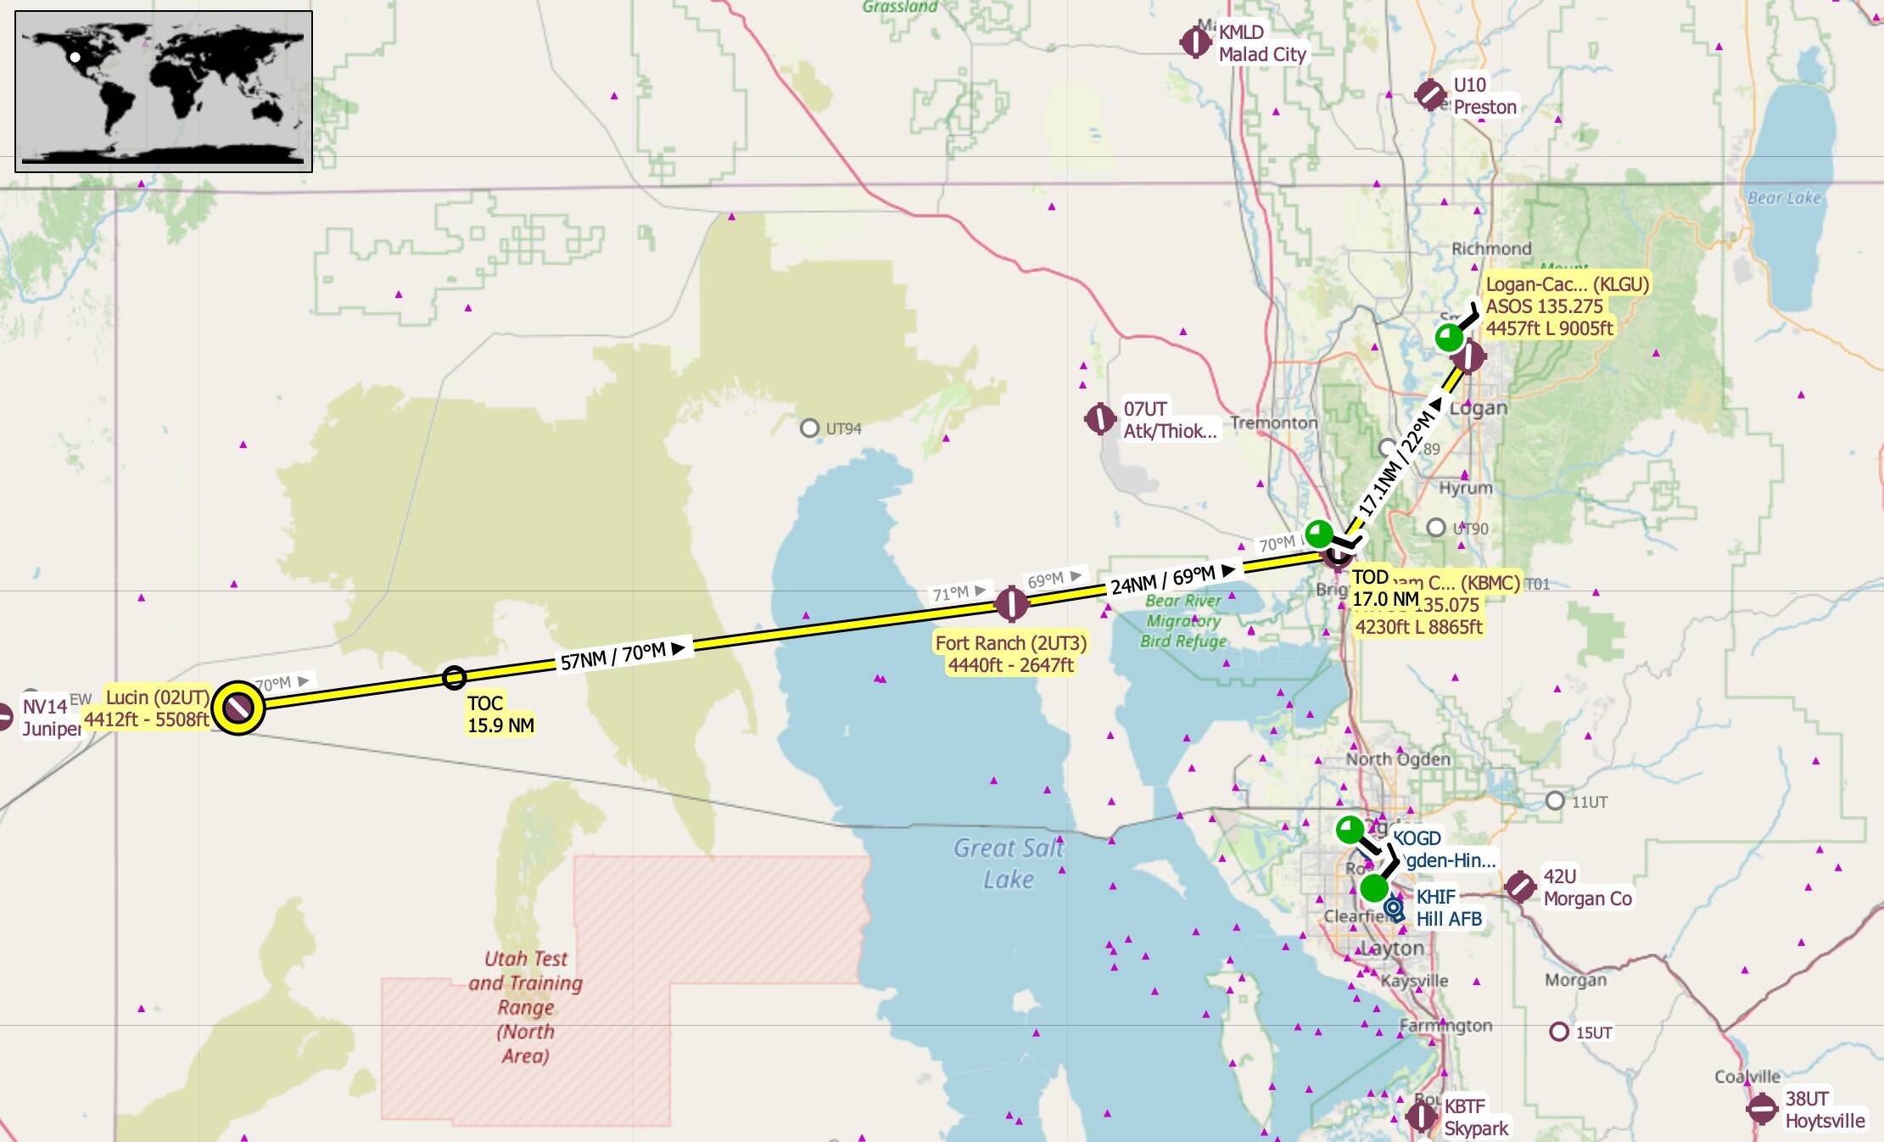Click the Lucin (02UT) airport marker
coord(238,706)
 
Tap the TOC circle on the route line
coord(454,677)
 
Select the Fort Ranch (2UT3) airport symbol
coord(1011,604)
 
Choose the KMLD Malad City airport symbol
coord(1195,41)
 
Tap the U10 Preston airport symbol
coord(1430,94)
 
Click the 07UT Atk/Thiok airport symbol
coord(1100,418)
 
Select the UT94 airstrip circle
coord(809,428)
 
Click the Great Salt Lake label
coord(1008,863)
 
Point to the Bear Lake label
coord(1784,198)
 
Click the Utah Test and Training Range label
coord(525,1006)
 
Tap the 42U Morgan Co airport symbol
coord(1520,887)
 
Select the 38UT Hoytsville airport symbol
coord(1762,1108)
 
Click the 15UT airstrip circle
coord(1558,1032)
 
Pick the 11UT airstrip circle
coord(1555,800)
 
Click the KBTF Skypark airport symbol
coord(1421,1116)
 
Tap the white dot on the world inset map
coord(75,58)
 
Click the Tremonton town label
coord(1273,423)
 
